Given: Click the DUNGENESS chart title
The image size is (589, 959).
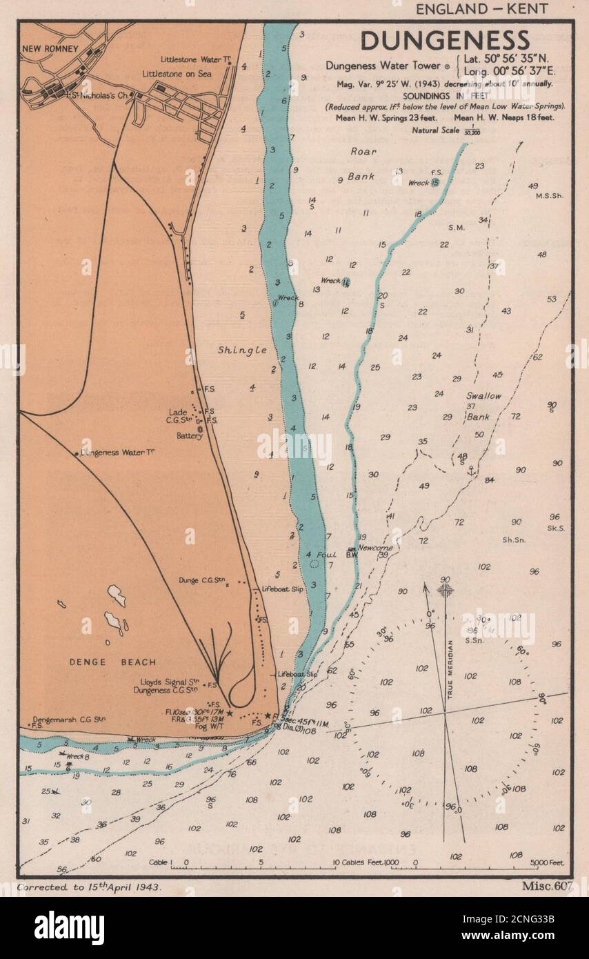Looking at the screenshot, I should pos(445,40).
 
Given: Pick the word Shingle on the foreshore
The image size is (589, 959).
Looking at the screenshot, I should pos(242,350).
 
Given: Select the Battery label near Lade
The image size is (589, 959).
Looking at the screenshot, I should pos(189,436).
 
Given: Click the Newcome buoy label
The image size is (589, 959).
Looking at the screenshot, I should pos(375,548).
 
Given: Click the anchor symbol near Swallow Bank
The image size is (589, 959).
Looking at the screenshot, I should pos(472,471).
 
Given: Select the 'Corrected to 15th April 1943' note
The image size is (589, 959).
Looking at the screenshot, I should pos(90,888).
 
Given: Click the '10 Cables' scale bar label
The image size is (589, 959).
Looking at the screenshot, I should pos(355,863).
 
